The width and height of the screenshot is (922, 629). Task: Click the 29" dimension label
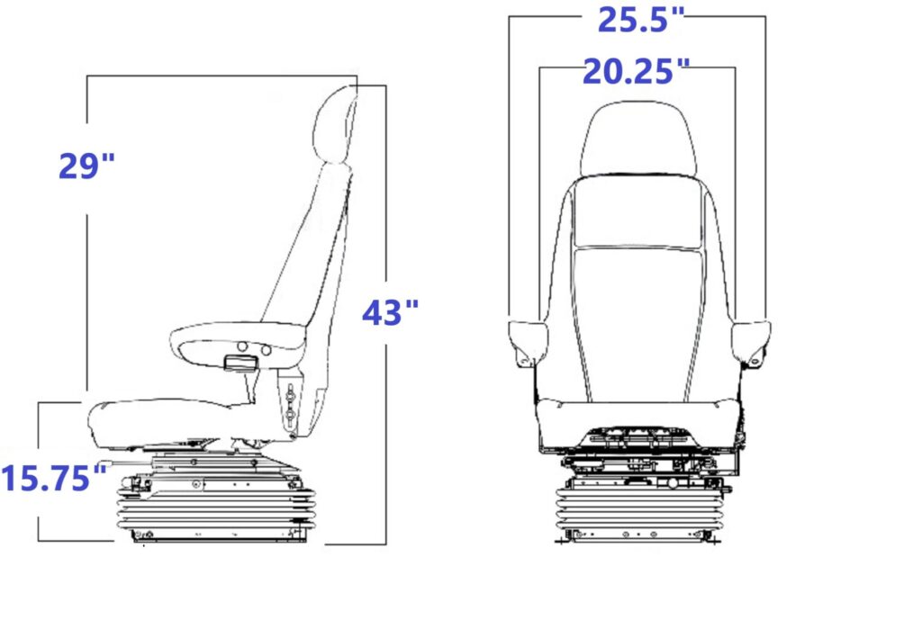[86, 166]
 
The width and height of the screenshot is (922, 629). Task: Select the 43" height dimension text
[390, 313]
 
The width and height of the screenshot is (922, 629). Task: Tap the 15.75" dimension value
[54, 477]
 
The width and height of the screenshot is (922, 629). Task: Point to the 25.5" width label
[641, 20]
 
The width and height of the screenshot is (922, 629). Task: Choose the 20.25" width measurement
[636, 72]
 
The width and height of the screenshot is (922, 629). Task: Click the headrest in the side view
[334, 124]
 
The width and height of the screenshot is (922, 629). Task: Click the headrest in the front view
[638, 139]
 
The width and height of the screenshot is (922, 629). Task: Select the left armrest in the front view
[528, 344]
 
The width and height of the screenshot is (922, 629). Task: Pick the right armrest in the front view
[751, 344]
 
